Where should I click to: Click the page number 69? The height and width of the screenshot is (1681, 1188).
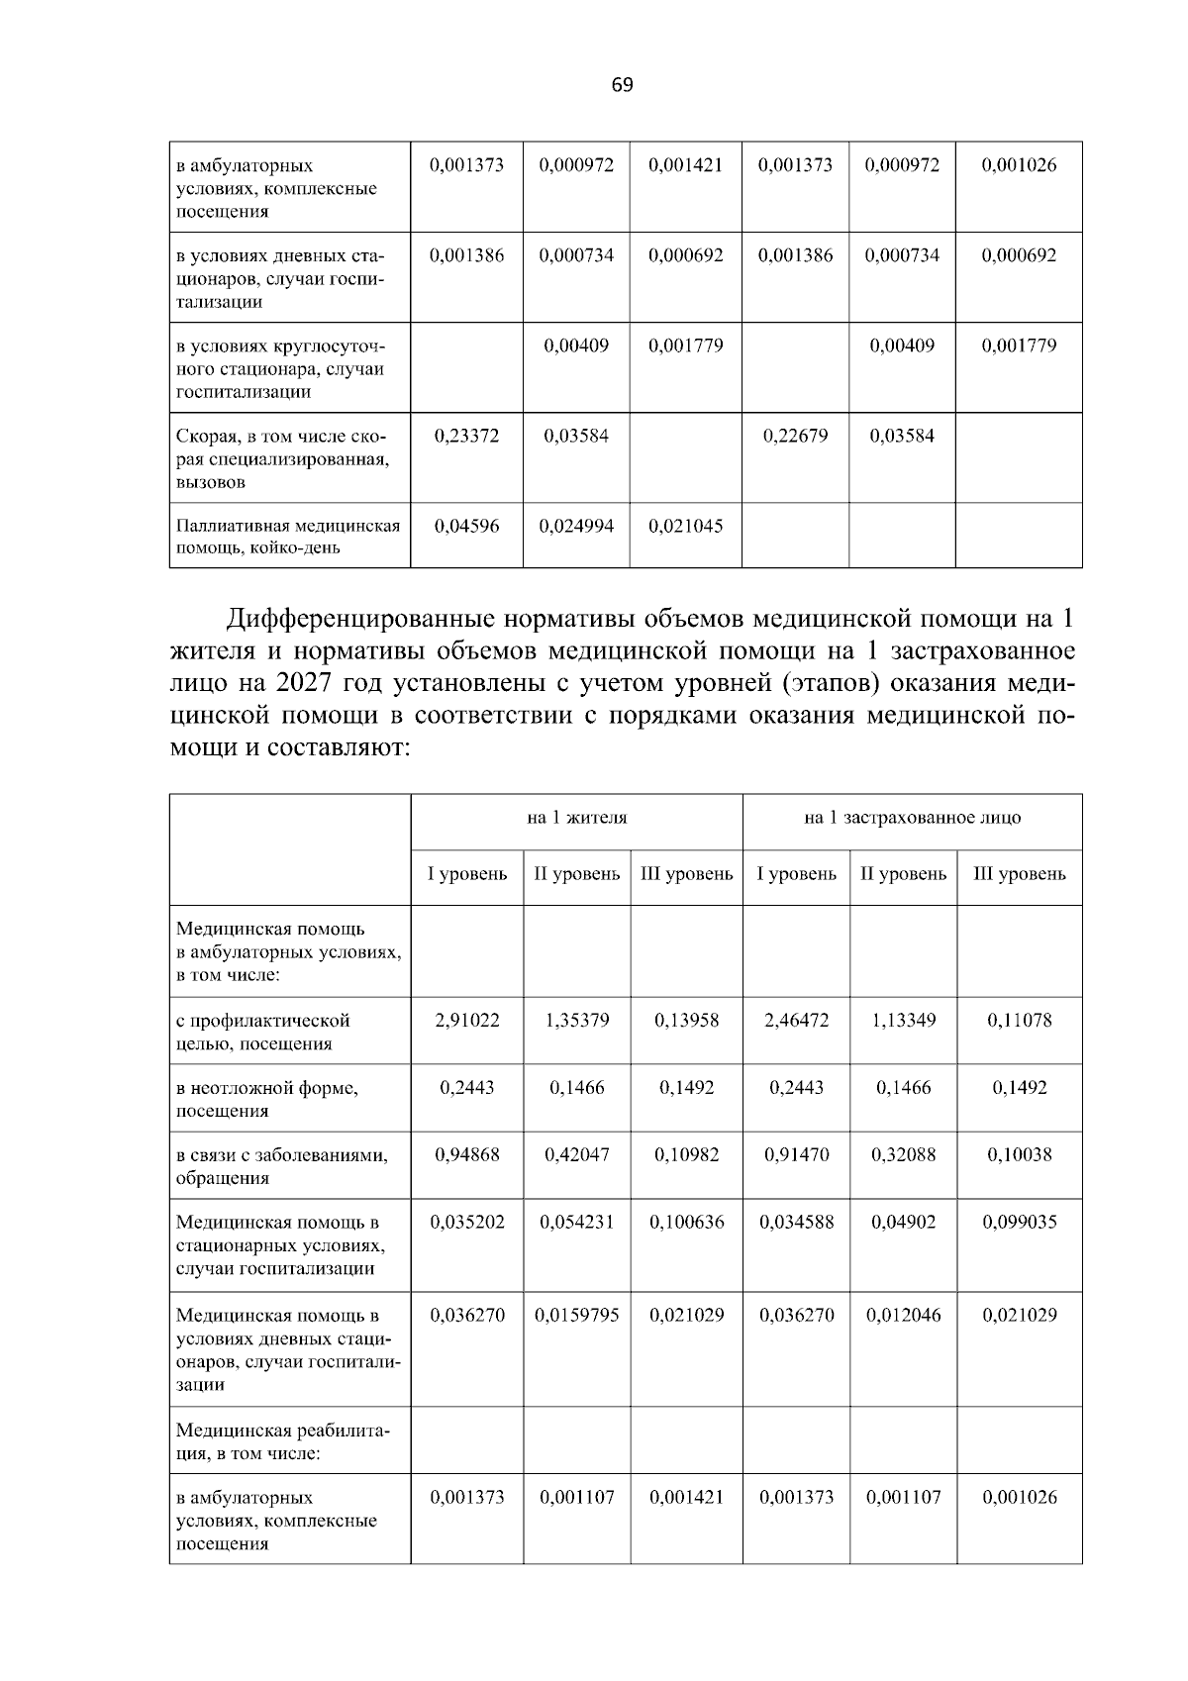(622, 85)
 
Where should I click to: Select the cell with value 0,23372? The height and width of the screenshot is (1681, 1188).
(466, 436)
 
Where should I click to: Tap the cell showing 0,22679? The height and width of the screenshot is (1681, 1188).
(795, 436)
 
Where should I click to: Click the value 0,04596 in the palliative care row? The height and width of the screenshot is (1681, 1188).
(466, 526)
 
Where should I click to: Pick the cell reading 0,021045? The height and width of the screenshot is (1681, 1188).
(685, 526)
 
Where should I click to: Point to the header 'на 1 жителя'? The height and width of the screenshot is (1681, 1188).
(576, 818)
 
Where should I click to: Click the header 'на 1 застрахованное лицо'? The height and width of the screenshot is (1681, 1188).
(912, 818)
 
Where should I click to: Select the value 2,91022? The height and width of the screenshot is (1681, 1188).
(466, 1020)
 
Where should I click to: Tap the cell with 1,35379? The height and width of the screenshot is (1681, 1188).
(576, 1020)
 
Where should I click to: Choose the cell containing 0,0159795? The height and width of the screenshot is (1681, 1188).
(576, 1315)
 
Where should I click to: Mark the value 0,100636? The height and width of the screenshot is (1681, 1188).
(685, 1222)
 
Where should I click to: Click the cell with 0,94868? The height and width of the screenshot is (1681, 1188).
(466, 1154)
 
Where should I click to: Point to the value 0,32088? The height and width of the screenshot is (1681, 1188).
(903, 1154)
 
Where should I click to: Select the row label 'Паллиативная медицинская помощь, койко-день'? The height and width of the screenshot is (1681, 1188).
(287, 537)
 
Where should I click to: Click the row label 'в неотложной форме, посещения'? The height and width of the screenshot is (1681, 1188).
(267, 1099)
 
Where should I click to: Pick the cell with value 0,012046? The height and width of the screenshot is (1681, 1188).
(903, 1315)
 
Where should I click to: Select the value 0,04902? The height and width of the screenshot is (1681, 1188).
(903, 1222)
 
